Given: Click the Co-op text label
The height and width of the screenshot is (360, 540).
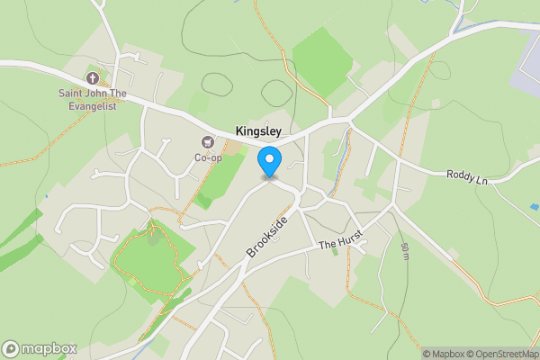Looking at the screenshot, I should [x=209, y=157].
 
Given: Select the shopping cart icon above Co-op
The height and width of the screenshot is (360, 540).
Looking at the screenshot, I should [x=209, y=142].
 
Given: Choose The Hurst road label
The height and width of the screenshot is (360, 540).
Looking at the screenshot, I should [x=339, y=243].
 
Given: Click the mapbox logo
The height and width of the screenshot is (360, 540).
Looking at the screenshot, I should [x=40, y=348].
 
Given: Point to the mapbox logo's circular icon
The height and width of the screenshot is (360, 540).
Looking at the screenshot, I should [x=12, y=348].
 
